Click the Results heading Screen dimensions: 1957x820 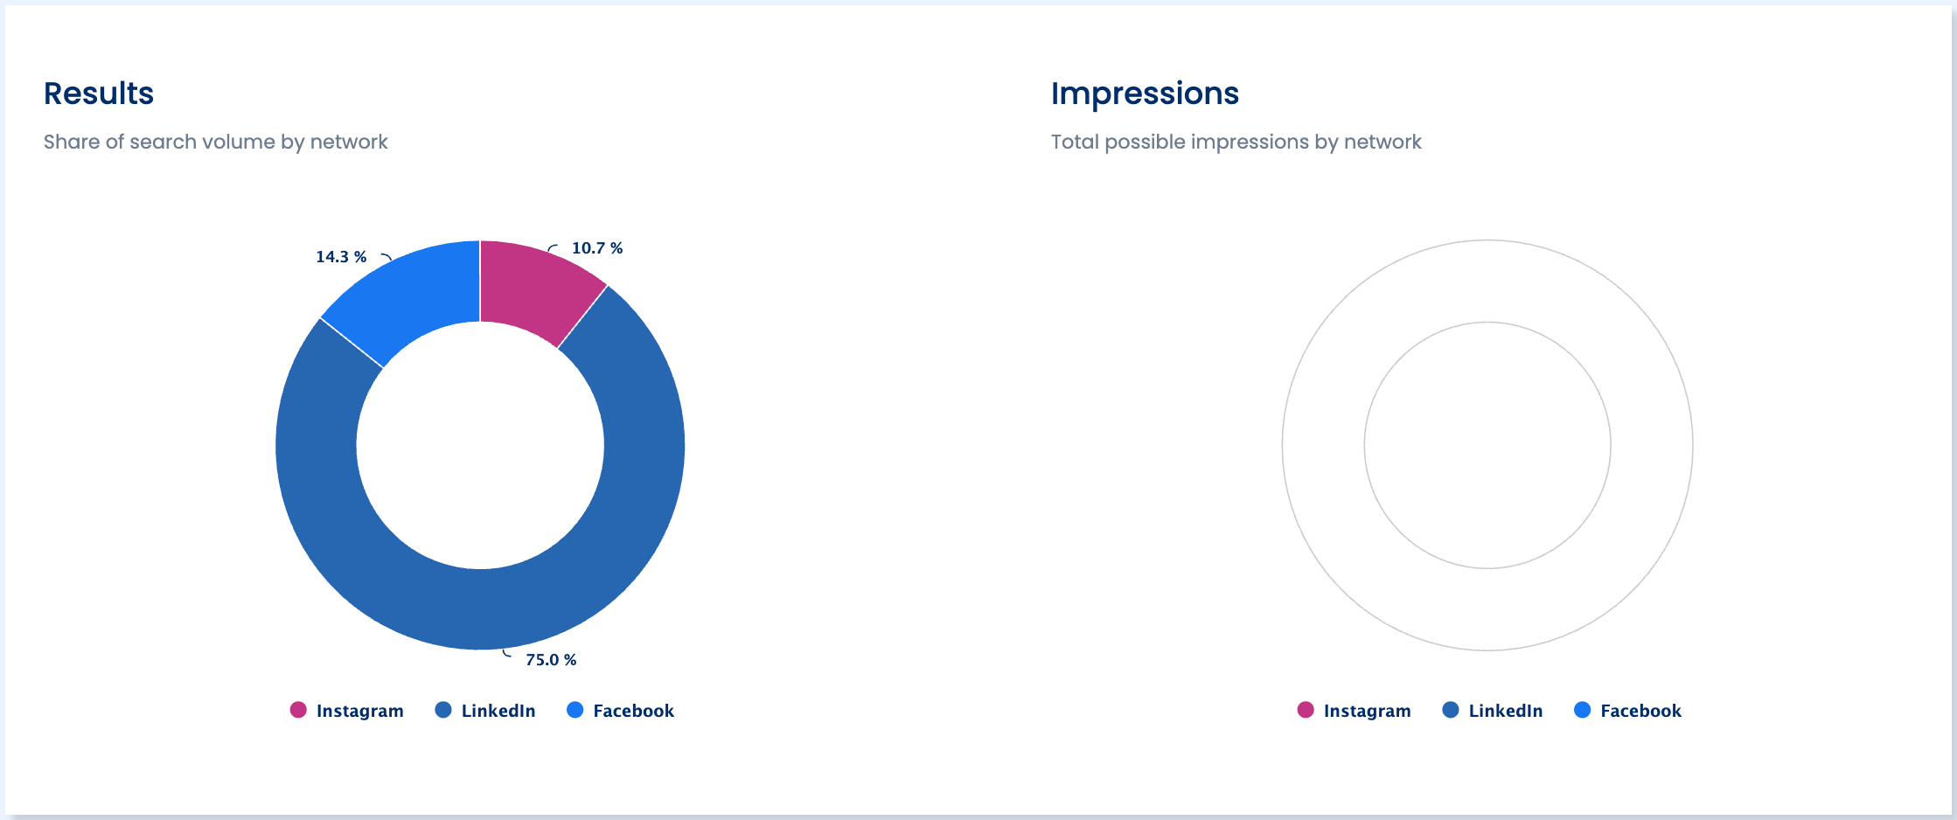(x=99, y=94)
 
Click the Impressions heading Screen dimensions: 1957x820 (x=1145, y=94)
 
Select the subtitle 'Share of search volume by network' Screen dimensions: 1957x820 (x=215, y=142)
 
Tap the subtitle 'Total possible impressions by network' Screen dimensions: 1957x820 (x=1236, y=142)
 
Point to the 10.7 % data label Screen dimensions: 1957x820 (x=597, y=248)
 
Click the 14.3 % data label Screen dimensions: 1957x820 (x=341, y=257)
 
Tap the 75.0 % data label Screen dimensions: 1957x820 (x=551, y=660)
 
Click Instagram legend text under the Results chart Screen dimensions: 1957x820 (x=360, y=711)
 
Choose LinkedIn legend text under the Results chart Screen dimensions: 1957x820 (x=498, y=711)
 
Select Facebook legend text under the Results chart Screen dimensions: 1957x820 (x=634, y=711)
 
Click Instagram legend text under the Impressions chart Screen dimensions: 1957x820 (x=1368, y=711)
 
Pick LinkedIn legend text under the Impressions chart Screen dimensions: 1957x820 (x=1506, y=711)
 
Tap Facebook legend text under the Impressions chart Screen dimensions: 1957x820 (x=1641, y=711)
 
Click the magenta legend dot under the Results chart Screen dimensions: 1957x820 (x=298, y=710)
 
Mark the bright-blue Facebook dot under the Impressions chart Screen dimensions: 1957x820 (x=1582, y=710)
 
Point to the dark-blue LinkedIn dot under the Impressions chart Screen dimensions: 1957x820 (x=1451, y=710)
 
